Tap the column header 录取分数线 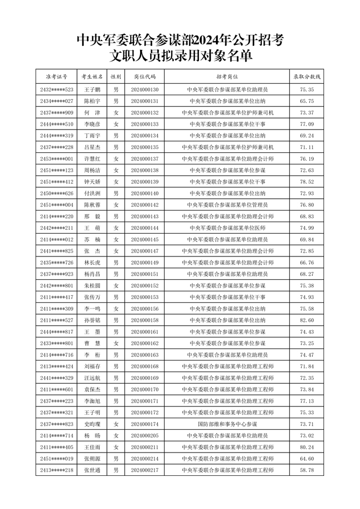coord(307,76)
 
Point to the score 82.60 coord(307,320)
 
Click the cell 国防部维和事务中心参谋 coord(227,424)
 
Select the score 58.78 coord(307,470)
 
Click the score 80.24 coord(307,447)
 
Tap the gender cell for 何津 coord(116,113)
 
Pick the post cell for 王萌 coord(227,228)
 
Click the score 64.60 coord(307,459)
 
